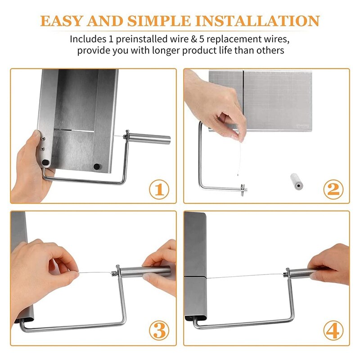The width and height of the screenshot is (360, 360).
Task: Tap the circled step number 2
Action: [x=333, y=189]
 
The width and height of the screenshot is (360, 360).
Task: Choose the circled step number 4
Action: [x=333, y=330]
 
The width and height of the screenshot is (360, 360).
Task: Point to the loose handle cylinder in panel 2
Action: [x=297, y=181]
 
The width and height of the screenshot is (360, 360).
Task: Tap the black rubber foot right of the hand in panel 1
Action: [x=96, y=166]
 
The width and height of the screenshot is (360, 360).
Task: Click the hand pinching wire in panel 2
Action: [x=216, y=106]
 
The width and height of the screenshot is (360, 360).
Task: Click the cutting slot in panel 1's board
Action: [x=74, y=131]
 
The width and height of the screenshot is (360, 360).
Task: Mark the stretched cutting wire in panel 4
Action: [x=245, y=275]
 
